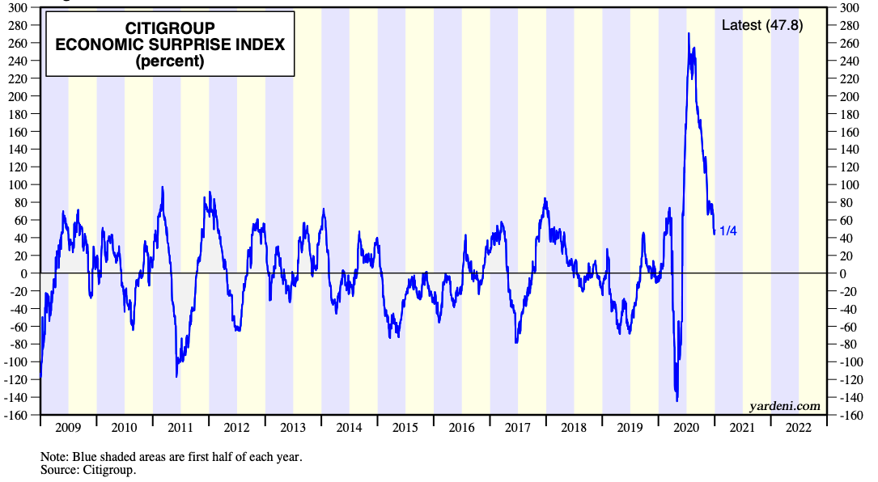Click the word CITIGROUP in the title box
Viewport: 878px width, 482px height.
pyautogui.click(x=170, y=28)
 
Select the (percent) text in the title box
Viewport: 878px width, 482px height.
pyautogui.click(x=170, y=61)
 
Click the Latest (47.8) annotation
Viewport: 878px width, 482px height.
pyautogui.click(x=762, y=25)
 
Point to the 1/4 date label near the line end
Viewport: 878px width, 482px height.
pyautogui.click(x=728, y=230)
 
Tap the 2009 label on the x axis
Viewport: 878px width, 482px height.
pyautogui.click(x=68, y=428)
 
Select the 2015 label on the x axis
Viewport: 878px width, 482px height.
pyautogui.click(x=405, y=428)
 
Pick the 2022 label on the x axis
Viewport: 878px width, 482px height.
pyautogui.click(x=799, y=428)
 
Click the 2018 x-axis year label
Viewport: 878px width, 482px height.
pyautogui.click(x=574, y=428)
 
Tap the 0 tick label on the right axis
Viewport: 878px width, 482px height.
pyautogui.click(x=842, y=273)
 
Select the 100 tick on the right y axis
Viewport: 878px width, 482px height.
pyautogui.click(x=849, y=184)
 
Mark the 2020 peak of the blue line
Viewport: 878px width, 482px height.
pyautogui.click(x=688, y=33)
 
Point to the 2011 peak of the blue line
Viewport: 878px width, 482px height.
pyautogui.click(x=163, y=187)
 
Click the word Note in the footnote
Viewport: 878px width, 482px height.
pyautogui.click(x=54, y=457)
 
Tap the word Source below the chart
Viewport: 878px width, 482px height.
pyautogui.click(x=58, y=470)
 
